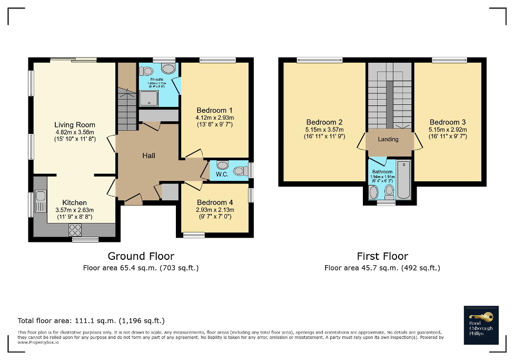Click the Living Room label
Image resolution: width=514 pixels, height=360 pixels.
pos(74,125)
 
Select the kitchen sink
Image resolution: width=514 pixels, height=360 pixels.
pos(41,202)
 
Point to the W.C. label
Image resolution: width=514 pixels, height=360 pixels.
pos(222,174)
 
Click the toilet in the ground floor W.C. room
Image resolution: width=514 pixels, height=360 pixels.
pos(240,171)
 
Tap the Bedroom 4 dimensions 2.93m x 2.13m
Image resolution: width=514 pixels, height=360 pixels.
pos(215,210)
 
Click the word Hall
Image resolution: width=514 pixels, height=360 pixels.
pos(149,156)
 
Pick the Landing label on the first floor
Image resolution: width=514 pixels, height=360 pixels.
pos(388,139)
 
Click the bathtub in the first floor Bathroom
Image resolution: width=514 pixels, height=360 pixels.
pos(403,180)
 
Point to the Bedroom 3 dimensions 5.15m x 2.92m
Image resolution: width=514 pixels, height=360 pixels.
pos(448,129)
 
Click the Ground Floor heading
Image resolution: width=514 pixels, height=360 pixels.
pos(141,256)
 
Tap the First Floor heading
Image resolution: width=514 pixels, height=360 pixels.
pos(382,256)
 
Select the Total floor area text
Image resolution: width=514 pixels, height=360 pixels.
pos(91,320)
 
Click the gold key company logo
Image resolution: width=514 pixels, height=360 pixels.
pos(481,317)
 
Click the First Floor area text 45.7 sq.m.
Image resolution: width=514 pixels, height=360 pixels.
pos(382,268)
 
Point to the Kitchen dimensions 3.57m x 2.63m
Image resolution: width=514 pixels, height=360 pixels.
pos(74,210)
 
